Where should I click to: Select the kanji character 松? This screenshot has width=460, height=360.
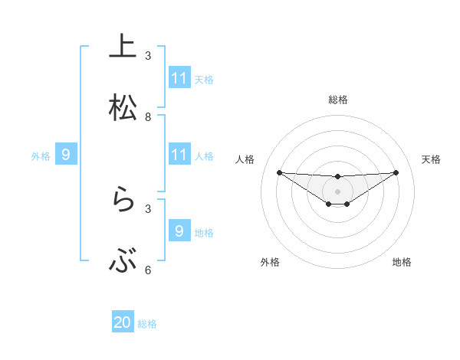click(x=123, y=108)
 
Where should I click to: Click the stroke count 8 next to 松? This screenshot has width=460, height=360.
click(x=148, y=117)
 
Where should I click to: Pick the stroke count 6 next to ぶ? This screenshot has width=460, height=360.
click(x=148, y=270)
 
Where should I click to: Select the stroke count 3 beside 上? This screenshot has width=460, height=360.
click(x=148, y=56)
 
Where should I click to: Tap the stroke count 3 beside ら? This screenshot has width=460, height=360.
click(x=148, y=208)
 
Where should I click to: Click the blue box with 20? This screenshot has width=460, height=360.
click(x=123, y=322)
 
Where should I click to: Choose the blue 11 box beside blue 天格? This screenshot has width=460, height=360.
click(x=179, y=78)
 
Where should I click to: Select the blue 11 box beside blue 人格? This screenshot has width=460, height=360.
click(x=179, y=155)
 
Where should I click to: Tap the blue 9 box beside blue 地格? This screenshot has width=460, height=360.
click(x=179, y=231)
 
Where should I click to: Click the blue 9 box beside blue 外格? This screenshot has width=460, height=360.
click(x=66, y=155)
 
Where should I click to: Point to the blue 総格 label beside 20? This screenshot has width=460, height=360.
click(x=147, y=324)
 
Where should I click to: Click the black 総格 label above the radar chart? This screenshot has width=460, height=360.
click(x=337, y=100)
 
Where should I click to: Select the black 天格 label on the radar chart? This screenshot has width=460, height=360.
click(x=431, y=159)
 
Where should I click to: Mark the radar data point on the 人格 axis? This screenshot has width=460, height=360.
click(x=279, y=172)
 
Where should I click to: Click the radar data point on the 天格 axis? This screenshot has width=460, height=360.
click(x=396, y=172)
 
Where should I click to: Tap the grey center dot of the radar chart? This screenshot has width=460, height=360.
click(x=337, y=191)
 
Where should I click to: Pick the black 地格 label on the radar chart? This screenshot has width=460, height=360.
click(x=402, y=262)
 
